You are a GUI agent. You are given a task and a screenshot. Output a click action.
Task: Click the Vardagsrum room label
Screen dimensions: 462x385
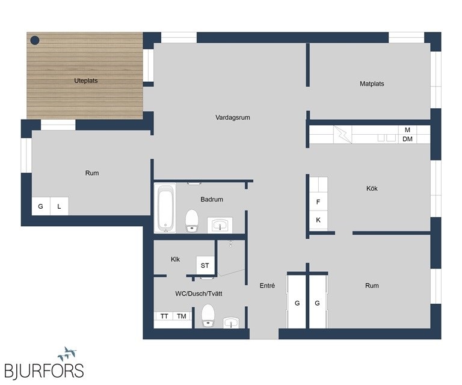point(232,117)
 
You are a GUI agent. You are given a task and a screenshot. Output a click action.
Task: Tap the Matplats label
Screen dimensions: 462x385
point(372,84)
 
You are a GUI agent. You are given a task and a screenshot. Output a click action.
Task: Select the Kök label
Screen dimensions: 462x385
point(372,188)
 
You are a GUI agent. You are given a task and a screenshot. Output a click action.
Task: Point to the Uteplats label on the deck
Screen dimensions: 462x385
point(86,81)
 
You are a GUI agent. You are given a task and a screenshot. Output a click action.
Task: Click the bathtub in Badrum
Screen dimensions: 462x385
point(165,208)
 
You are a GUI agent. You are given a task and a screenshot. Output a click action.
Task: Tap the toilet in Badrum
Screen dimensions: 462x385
point(191,220)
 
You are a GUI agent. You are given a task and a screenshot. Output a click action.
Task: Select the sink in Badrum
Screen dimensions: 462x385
point(220,225)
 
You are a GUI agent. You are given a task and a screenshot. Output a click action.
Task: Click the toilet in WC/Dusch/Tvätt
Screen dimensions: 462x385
point(208,315)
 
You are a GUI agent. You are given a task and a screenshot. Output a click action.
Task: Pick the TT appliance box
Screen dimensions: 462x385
point(164,316)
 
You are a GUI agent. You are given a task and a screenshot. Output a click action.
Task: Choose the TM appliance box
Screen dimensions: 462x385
point(182,316)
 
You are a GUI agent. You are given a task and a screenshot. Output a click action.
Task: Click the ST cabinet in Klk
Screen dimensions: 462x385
point(205,265)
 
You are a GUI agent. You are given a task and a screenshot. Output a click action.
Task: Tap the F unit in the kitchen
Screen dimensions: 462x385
point(318,202)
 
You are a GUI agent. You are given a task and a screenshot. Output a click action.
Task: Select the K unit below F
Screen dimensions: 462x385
point(318,220)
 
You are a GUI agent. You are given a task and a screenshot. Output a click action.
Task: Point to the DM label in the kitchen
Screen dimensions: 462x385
point(407,139)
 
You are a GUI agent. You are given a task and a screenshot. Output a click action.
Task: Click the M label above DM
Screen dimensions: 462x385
point(407,130)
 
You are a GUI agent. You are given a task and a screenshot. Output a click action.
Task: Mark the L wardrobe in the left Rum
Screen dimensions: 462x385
point(59,206)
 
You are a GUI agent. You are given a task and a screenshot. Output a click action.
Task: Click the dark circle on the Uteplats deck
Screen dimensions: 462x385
point(35,40)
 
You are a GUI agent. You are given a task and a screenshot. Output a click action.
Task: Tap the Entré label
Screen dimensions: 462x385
point(267,285)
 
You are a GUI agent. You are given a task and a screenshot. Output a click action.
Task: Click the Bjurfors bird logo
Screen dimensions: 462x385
point(67,354)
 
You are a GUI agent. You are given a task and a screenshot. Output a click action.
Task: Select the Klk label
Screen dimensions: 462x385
point(175,259)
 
